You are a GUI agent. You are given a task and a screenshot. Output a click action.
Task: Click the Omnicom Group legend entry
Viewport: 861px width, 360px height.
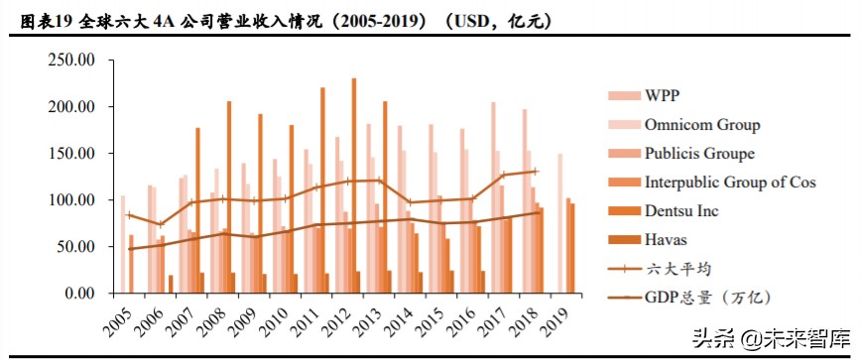701,125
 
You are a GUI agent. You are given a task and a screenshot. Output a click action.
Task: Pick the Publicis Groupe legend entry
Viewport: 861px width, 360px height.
698,154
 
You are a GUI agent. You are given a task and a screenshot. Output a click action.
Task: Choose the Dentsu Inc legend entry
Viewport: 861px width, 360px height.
680,211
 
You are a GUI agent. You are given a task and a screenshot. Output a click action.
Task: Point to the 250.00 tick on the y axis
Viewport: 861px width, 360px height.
70,60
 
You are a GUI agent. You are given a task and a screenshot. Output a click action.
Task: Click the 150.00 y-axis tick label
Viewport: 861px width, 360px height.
70,154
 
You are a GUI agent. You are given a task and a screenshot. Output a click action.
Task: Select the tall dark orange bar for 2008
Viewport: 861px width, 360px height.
228,197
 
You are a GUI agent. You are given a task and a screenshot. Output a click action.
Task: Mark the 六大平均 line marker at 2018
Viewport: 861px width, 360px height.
535,172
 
